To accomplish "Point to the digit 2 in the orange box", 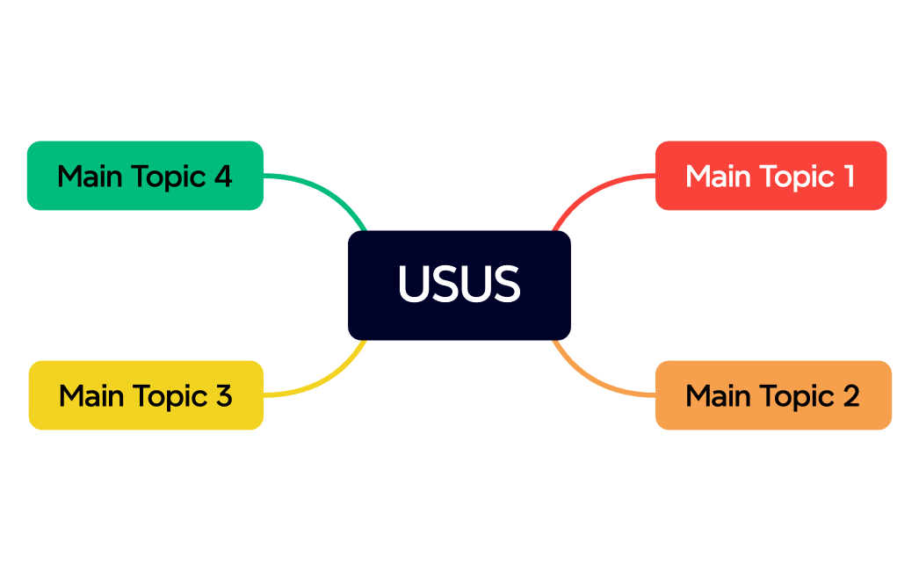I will [850, 396].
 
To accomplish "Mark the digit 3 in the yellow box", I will [223, 396].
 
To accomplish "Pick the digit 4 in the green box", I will [223, 177].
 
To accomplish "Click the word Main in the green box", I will [90, 177].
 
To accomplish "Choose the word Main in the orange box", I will [718, 396].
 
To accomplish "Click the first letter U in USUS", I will [413, 284].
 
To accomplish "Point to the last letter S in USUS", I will [505, 284].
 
